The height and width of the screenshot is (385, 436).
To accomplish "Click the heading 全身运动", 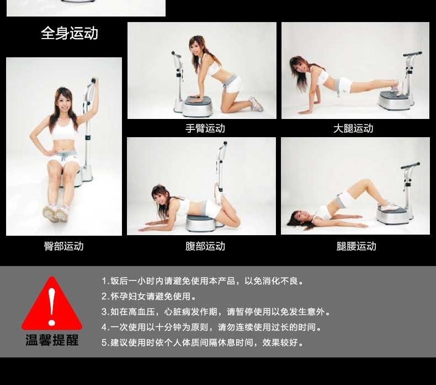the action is pyautogui.click(x=70, y=33).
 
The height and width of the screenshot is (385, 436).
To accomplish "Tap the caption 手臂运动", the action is pyautogui.click(x=205, y=128).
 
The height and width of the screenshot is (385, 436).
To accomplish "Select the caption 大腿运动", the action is pyautogui.click(x=353, y=128).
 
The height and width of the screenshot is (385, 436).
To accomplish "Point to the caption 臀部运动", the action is pyautogui.click(x=63, y=246).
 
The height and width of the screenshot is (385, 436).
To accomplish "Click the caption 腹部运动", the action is pyautogui.click(x=205, y=246).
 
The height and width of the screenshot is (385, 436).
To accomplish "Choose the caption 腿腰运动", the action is pyautogui.click(x=356, y=246).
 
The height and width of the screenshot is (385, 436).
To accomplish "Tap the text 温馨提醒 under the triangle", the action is pyautogui.click(x=52, y=340).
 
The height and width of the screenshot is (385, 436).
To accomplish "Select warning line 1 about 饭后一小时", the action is pyautogui.click(x=203, y=281).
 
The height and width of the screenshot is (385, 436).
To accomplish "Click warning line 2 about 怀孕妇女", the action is pyautogui.click(x=149, y=296).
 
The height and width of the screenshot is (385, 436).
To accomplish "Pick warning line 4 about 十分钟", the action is pyautogui.click(x=211, y=327).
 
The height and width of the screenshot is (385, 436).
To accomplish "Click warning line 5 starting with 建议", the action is pyautogui.click(x=203, y=343).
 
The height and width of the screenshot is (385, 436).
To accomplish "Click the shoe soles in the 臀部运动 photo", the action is pyautogui.click(x=55, y=213).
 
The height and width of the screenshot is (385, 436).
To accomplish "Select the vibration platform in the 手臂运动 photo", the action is pyautogui.click(x=198, y=106).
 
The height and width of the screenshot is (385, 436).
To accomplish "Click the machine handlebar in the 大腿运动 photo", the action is pyautogui.click(x=413, y=54).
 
